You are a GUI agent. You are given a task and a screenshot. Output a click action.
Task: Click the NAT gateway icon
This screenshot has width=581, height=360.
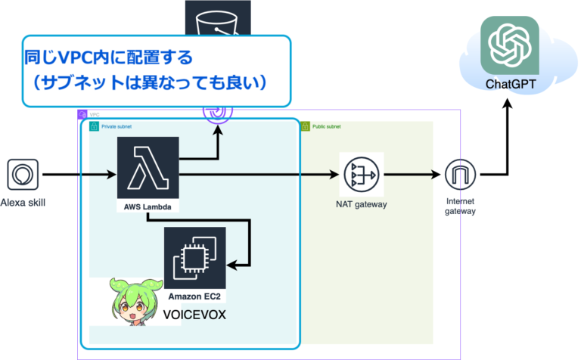362,175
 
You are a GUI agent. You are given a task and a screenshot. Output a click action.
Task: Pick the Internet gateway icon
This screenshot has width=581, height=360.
460,175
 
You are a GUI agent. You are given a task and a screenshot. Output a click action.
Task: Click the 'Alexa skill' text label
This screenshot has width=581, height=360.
23,202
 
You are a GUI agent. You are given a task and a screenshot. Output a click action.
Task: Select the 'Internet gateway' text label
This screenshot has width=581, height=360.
460,206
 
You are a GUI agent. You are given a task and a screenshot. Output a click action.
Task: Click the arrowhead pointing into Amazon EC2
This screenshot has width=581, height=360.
236,265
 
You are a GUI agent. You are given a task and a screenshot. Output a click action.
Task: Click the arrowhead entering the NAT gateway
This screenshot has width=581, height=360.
333,175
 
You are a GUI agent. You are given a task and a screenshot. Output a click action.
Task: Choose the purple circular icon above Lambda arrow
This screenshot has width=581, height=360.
218,112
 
